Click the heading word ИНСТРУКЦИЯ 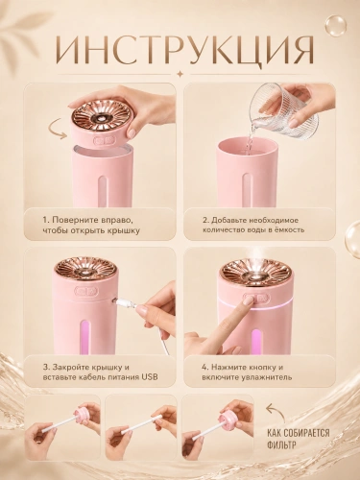tap(180, 49)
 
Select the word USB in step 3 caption tap(149, 377)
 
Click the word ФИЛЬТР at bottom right tap(281, 444)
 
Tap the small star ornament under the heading tap(180, 74)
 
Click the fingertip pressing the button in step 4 tap(248, 300)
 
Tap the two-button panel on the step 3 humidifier tap(86, 292)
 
